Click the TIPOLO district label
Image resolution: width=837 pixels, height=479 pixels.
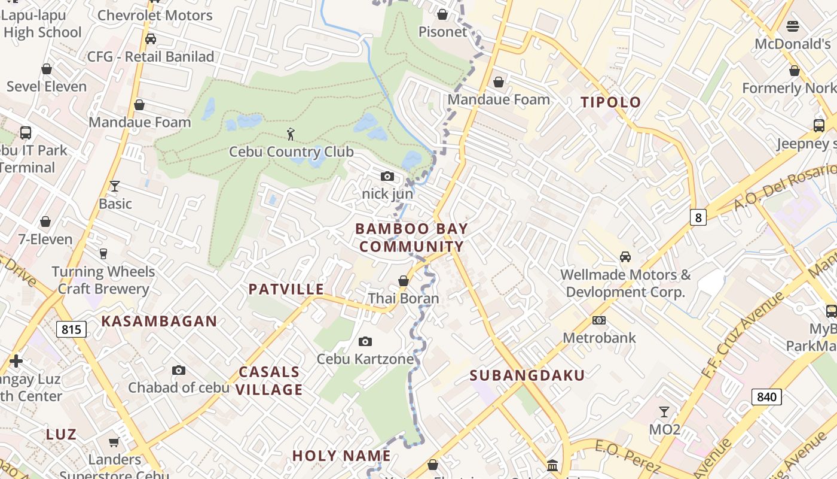tap(610, 102)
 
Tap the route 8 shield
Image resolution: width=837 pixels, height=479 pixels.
tap(698, 217)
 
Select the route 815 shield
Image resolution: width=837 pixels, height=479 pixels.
tap(72, 329)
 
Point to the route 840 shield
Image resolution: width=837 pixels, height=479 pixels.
tap(766, 396)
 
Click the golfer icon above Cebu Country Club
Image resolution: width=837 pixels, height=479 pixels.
tap(291, 134)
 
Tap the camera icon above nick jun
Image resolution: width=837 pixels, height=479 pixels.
tap(387, 176)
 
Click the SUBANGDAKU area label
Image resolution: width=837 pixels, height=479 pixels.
tap(527, 375)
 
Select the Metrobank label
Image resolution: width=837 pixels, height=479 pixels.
tap(599, 338)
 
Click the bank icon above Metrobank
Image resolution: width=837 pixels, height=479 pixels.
tap(598, 320)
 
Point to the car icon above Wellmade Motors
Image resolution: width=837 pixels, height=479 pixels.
tap(625, 257)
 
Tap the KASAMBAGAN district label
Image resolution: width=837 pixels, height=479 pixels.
tap(159, 322)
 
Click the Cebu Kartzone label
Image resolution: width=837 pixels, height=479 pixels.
tap(365, 359)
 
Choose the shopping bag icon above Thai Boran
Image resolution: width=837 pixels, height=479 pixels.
tap(404, 281)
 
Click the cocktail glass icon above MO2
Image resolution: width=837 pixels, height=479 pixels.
tap(664, 412)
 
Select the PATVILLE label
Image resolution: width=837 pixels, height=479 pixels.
tap(286, 289)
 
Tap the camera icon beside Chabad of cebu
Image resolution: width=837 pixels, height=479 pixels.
tap(178, 371)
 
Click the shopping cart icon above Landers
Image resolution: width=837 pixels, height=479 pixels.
tap(114, 442)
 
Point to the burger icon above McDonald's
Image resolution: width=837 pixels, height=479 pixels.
tap(793, 26)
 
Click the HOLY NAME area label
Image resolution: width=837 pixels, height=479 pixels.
tap(341, 456)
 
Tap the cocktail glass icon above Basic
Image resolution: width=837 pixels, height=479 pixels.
tap(115, 186)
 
